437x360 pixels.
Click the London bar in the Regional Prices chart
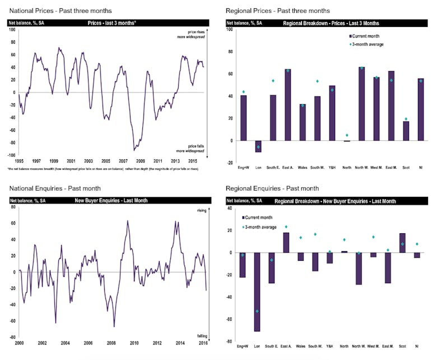258,146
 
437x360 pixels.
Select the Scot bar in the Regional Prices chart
406,131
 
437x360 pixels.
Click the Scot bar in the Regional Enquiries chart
402,243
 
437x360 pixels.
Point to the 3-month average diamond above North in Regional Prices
347,135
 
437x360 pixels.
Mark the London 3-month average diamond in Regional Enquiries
257,311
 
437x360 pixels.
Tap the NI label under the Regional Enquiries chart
417,347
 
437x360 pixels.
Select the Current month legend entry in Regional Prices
365,35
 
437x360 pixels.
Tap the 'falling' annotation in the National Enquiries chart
201,335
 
